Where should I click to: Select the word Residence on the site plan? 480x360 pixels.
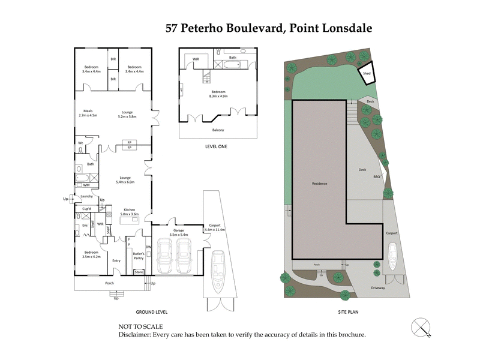coord(319,183)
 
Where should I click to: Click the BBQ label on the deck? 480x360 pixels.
coord(377,177)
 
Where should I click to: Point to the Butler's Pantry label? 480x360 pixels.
coord(139,255)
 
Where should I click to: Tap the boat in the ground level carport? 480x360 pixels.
coord(216,266)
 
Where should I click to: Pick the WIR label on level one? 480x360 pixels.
coord(196,58)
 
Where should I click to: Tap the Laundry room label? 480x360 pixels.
coord(86,196)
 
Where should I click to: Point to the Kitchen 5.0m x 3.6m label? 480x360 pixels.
coord(130,212)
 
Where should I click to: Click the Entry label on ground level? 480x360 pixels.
coord(116,261)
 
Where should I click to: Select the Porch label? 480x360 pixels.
coord(109,283)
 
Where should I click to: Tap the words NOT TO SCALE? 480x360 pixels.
coord(139,327)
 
